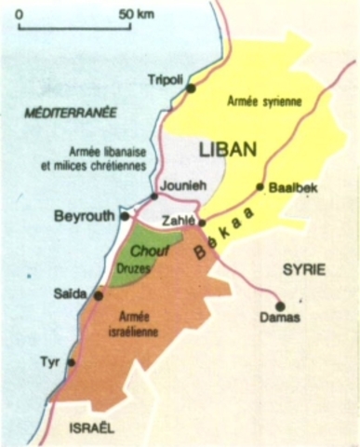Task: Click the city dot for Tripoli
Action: pos(191,88)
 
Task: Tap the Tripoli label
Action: pos(167,80)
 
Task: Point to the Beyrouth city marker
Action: pos(124,216)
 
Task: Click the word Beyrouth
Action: pos(85,216)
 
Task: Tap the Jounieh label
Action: pos(180,184)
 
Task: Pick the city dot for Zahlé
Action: pos(202,223)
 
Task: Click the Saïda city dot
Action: pos(99,295)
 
